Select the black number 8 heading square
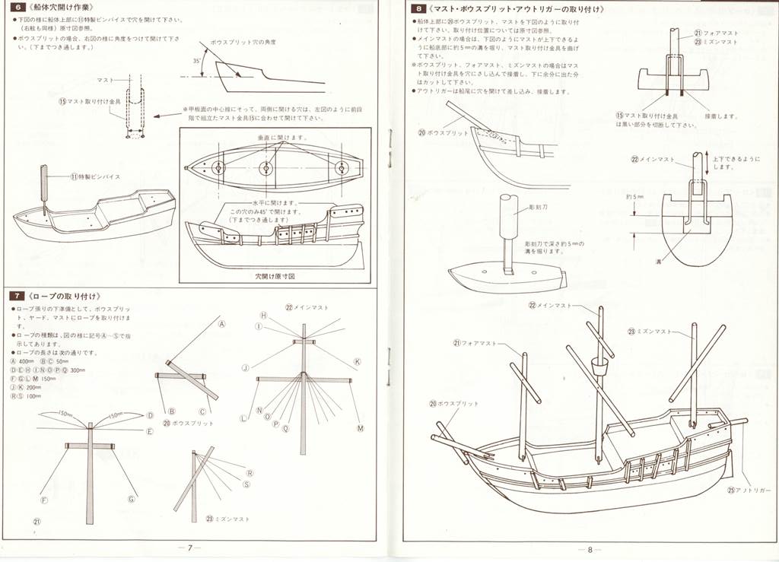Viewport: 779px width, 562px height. [x=418, y=9]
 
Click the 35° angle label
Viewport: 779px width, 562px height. [x=196, y=59]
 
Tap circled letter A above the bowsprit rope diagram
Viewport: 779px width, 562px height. [x=223, y=322]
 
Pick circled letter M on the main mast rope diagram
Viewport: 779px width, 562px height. [x=361, y=427]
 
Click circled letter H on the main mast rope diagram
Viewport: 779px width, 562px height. [x=263, y=315]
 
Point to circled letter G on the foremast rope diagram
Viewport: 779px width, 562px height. [x=132, y=500]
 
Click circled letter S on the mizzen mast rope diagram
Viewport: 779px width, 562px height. [x=246, y=484]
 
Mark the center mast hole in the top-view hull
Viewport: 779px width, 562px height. [x=265, y=167]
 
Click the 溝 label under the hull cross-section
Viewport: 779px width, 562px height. [x=659, y=261]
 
